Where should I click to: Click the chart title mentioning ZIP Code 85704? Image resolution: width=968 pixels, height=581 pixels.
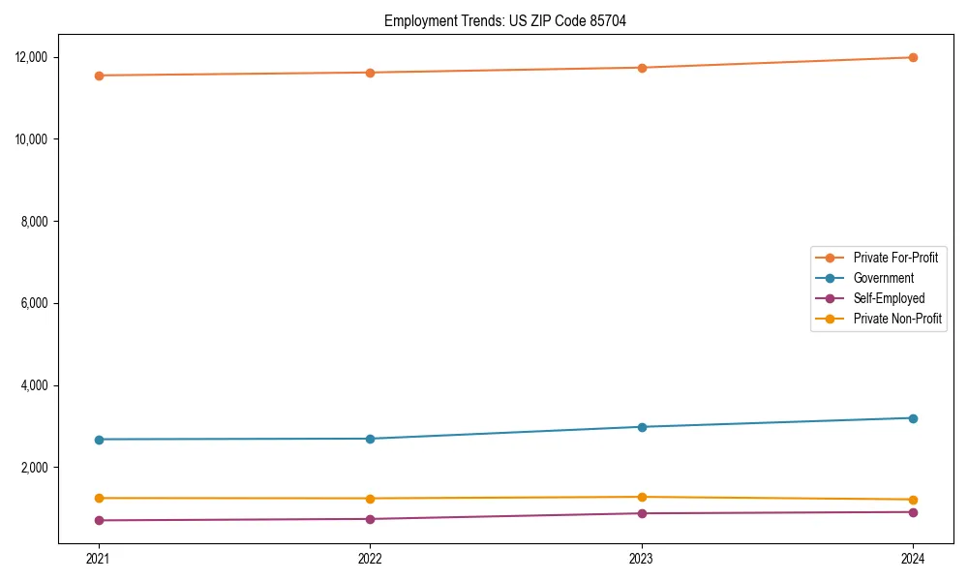[x=504, y=21]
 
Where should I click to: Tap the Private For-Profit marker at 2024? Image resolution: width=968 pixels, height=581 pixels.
[x=913, y=57]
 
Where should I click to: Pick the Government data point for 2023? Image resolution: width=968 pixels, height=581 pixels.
[x=642, y=427]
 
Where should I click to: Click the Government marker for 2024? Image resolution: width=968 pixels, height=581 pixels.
[x=913, y=418]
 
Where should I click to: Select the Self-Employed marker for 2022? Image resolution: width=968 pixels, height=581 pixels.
[x=370, y=519]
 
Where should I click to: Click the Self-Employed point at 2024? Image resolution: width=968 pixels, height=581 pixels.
[x=913, y=512]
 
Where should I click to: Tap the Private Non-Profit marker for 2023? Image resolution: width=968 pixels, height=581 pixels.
[x=642, y=497]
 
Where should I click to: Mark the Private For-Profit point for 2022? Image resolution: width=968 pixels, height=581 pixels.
[x=370, y=73]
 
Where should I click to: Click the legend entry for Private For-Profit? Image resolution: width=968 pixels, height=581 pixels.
[x=894, y=258]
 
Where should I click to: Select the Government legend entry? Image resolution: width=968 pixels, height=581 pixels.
[x=883, y=278]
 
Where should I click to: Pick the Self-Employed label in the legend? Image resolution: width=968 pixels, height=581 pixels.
[x=889, y=298]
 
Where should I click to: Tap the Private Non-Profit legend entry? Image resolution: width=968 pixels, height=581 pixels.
[x=897, y=319]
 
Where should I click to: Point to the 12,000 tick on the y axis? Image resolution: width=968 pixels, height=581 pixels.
[x=31, y=57]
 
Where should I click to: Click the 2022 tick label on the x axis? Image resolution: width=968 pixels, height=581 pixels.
[x=370, y=558]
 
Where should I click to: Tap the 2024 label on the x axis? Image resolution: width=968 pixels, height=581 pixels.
[x=913, y=558]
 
